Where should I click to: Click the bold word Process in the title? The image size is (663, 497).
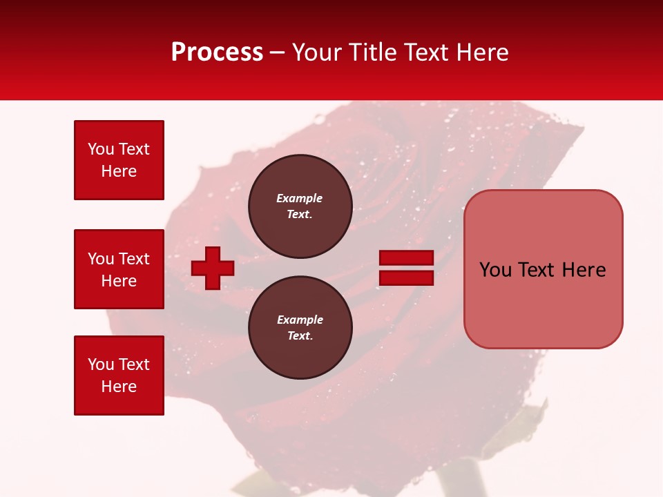coord(217,52)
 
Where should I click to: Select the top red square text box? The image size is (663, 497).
coord(119,160)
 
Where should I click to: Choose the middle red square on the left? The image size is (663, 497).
coord(119,269)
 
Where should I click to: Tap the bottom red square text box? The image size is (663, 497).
coord(119,375)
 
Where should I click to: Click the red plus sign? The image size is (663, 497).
coord(213,268)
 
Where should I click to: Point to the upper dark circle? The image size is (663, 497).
coord(300,206)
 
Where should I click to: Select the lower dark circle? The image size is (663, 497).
coord(300,327)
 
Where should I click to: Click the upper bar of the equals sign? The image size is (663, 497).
coord(406,258)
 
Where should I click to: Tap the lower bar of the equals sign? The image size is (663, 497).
coord(406,278)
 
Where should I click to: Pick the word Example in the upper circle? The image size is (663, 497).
coord(300,198)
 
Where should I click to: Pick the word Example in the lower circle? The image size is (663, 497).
coord(300,320)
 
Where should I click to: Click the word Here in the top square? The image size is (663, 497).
coord(119,171)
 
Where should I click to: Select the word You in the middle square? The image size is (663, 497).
coord(101,259)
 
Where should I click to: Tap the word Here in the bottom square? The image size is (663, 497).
coord(119,387)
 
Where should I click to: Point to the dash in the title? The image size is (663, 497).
coord(278,53)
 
